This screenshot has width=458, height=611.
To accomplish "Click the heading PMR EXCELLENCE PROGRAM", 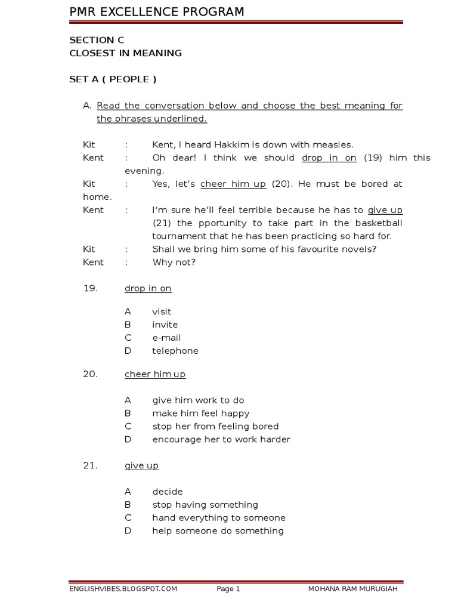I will coord(157,12).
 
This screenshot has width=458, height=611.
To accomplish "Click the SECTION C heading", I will coord(97,40).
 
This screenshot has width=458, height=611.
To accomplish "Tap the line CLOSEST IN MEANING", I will coord(125,53).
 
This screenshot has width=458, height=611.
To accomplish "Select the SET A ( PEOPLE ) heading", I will coord(113,79).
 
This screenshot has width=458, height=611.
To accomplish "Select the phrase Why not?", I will coord(174,262).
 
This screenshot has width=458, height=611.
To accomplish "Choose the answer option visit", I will coord(162,311).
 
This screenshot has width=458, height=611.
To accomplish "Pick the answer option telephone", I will coord(175,351).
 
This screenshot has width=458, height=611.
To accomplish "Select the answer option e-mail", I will coord(166,338).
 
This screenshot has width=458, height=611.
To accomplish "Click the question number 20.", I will coord(90,374).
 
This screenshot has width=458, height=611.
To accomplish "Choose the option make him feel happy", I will coord(201,413).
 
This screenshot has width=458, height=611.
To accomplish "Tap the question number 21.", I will coord(90,465).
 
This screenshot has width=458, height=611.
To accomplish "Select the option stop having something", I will coord(205,505).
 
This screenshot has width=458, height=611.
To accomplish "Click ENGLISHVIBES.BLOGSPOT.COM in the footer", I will coord(123,589).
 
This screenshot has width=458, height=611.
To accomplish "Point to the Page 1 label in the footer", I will coord(228,589).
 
